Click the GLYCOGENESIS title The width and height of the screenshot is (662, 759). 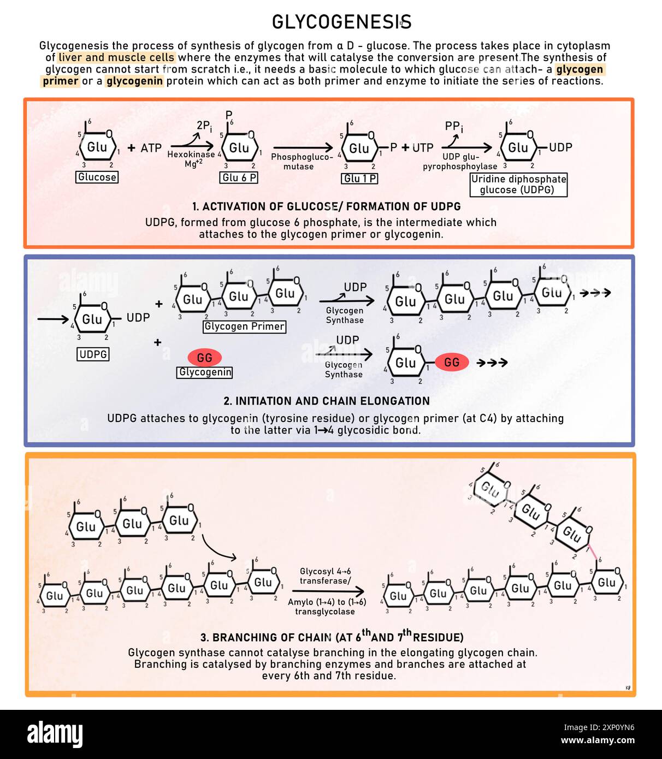coord(341,22)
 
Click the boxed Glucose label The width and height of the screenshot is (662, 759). coord(97,177)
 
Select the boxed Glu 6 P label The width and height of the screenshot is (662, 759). coord(239,177)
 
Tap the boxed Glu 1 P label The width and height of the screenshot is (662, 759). coord(359,179)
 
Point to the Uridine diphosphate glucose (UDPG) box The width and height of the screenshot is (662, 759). coord(518,185)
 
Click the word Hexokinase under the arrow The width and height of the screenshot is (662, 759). coord(191,155)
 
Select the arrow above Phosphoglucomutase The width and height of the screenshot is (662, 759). coord(303,147)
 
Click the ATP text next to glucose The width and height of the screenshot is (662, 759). coord(151,148)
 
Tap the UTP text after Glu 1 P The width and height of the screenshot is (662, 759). coord(423,148)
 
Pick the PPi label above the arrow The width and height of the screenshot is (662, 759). coord(454,127)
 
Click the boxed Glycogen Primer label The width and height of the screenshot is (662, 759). coord(244,327)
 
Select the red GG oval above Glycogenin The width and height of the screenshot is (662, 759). coord(204,358)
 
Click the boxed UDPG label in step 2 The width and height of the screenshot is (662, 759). coord(93,354)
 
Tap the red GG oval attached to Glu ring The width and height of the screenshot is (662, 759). coord(452,362)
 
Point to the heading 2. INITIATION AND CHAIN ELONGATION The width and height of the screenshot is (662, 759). coord(327,401)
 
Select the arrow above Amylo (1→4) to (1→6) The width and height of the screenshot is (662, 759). coord(328,591)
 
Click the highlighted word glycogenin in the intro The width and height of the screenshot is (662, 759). coord(134,81)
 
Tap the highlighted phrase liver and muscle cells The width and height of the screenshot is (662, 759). coord(116,58)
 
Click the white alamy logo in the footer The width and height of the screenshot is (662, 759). coord(55,734)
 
